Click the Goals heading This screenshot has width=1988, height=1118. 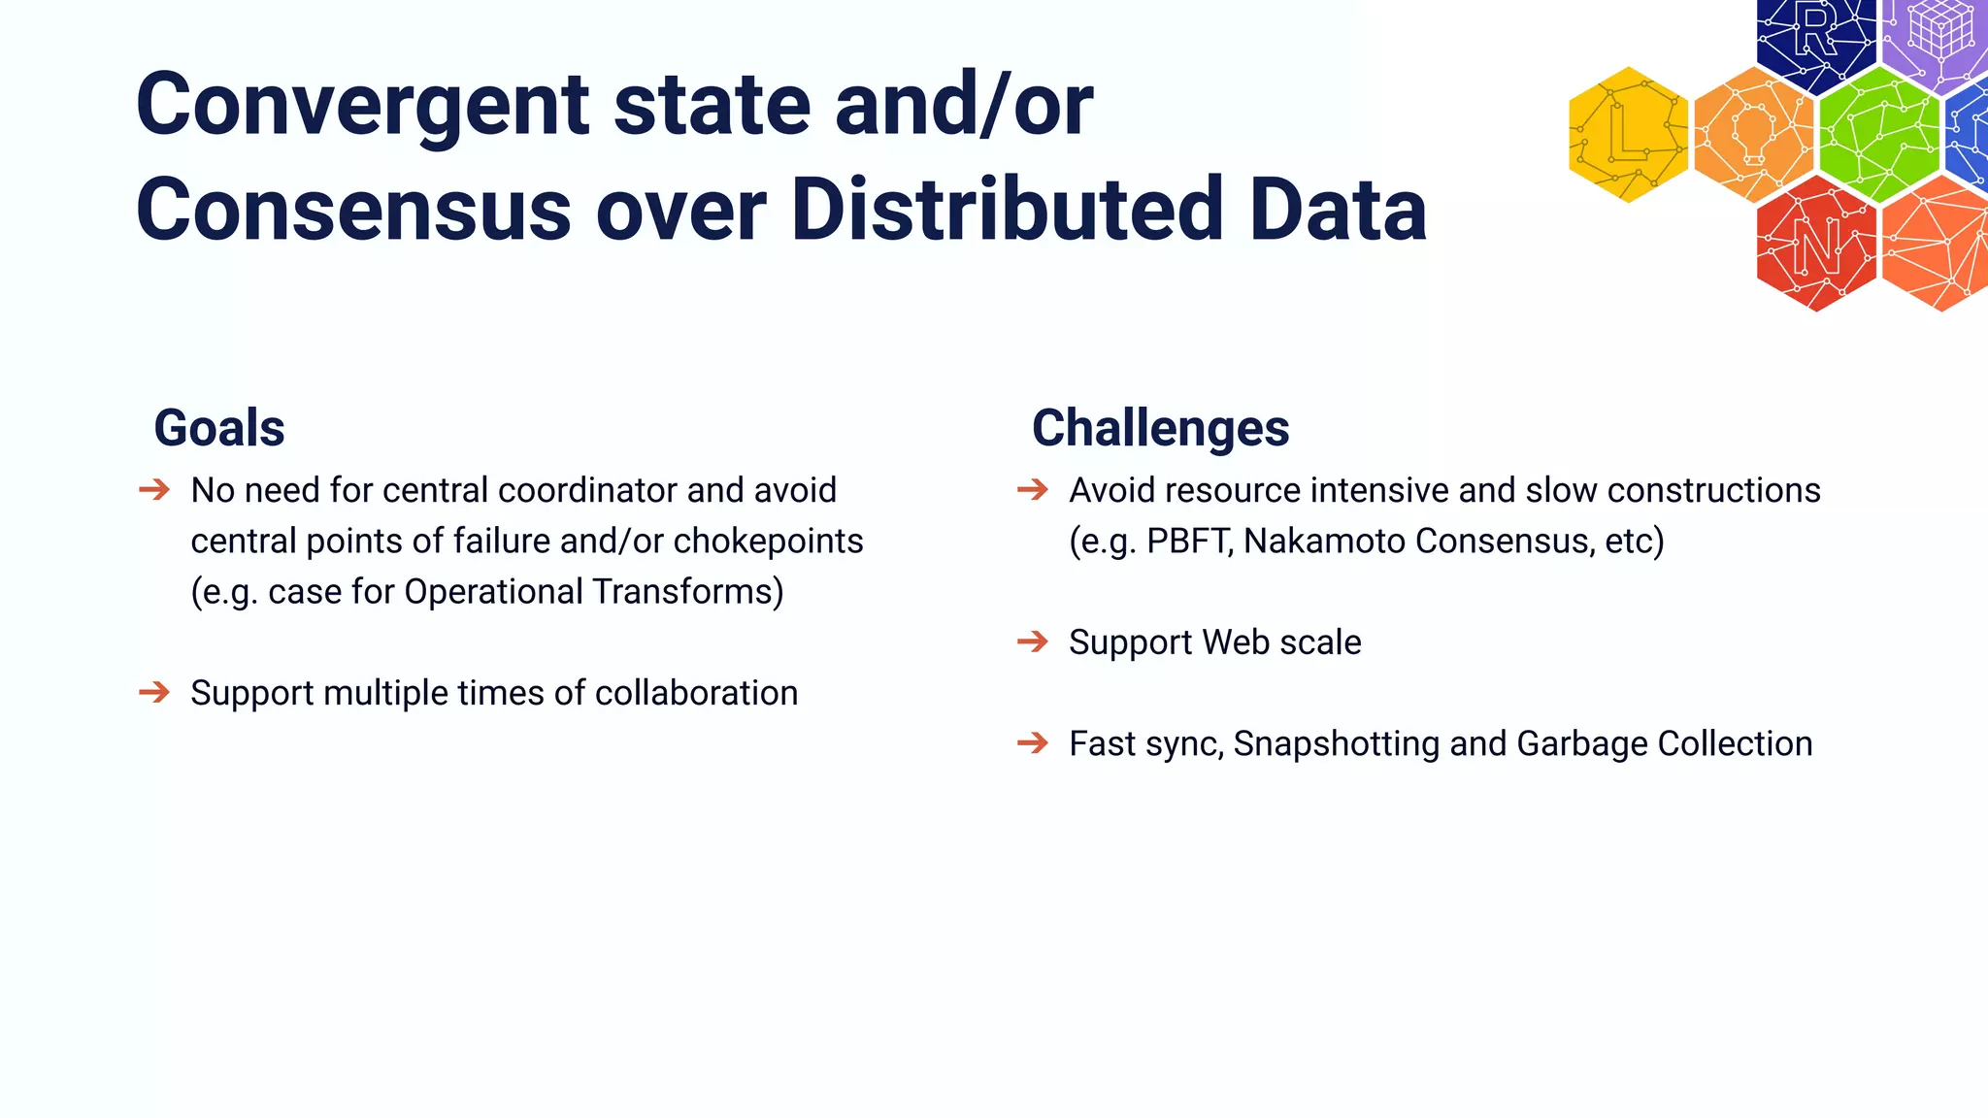click(x=219, y=428)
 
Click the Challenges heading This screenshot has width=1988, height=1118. click(x=1160, y=428)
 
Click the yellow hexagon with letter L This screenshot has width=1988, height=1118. click(x=1628, y=135)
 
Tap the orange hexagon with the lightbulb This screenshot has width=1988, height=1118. click(x=1753, y=135)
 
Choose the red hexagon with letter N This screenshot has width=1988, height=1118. click(x=1815, y=245)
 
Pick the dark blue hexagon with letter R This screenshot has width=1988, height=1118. click(x=1815, y=39)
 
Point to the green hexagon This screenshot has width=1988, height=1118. click(x=1878, y=135)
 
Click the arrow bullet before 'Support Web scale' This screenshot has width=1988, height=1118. click(x=1033, y=641)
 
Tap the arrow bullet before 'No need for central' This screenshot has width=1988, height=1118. click(x=154, y=489)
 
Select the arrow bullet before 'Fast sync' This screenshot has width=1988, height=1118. click(x=1033, y=743)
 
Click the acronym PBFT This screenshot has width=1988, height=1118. click(x=1189, y=541)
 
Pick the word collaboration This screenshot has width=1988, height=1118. click(x=696, y=693)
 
